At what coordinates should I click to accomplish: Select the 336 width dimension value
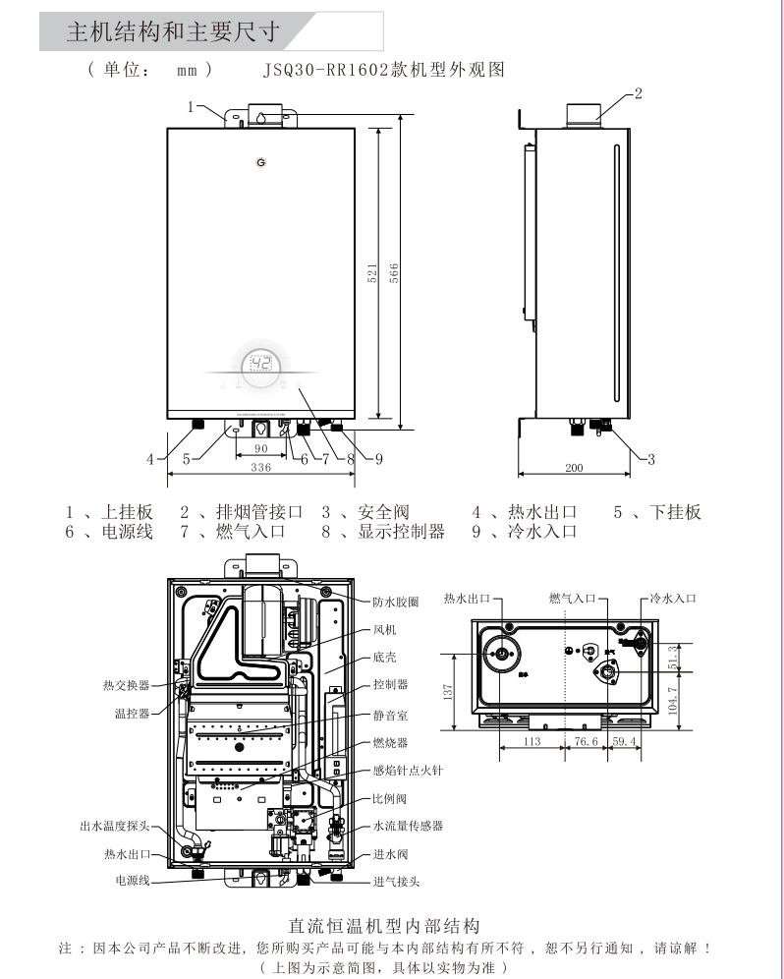coord(260,468)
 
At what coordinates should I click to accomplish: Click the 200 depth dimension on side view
coord(575,468)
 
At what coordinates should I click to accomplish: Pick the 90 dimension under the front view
coord(260,448)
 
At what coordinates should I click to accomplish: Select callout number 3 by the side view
coord(650,458)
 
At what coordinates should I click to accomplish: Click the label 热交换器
coord(127,685)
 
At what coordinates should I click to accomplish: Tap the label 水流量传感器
coord(408,827)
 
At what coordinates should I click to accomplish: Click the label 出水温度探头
coord(115,826)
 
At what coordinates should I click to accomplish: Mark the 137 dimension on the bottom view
coord(448,692)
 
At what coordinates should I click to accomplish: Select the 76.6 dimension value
coord(587,742)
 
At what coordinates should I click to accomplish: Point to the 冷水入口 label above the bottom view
coord(673,598)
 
